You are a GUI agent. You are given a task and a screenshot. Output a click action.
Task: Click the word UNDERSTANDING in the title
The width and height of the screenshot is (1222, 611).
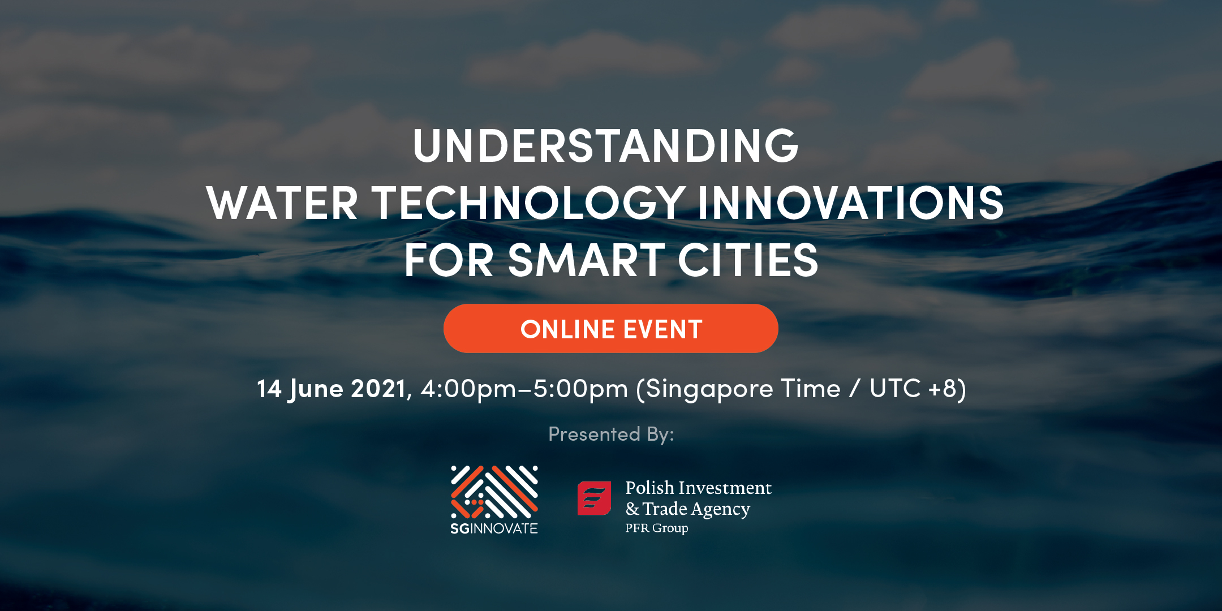click(605, 145)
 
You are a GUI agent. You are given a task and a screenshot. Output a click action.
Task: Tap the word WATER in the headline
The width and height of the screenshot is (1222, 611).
click(282, 203)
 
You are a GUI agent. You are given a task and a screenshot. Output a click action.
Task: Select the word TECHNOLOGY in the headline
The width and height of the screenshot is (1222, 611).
click(528, 203)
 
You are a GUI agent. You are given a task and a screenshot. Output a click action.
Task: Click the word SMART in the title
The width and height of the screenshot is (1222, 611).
click(586, 260)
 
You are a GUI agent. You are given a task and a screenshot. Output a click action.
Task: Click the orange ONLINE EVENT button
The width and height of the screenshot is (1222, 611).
click(611, 329)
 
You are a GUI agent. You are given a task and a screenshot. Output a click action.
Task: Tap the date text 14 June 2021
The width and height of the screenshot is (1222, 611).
click(332, 389)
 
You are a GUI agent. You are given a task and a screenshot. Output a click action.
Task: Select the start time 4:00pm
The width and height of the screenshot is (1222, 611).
click(468, 389)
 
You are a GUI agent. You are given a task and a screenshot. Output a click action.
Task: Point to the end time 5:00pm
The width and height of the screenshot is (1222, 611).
click(580, 389)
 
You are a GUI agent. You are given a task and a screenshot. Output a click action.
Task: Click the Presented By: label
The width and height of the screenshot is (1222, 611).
click(611, 434)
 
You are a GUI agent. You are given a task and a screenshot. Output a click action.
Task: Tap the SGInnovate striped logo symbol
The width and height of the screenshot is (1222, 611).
click(494, 492)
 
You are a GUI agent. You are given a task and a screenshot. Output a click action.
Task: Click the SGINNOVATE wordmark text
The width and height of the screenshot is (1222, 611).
click(494, 528)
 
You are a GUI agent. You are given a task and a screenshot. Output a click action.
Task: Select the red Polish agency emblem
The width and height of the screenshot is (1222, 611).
click(594, 498)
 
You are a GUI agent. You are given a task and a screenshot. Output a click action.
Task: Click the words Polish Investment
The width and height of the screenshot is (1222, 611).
click(699, 488)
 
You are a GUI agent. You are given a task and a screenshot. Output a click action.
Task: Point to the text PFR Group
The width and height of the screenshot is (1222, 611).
click(657, 528)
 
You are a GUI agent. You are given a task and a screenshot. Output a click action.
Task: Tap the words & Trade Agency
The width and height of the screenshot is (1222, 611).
click(688, 509)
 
